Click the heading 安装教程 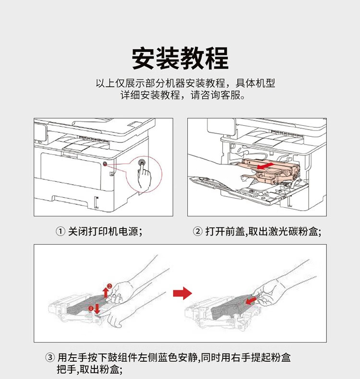[180, 59]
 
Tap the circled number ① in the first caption [60, 232]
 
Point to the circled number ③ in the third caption [50, 358]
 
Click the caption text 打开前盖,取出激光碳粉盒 [262, 232]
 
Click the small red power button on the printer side [105, 165]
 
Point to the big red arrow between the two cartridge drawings [182, 293]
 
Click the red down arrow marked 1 [97, 308]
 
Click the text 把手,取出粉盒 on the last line [89, 370]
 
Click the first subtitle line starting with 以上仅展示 [185, 83]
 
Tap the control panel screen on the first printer [40, 132]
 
